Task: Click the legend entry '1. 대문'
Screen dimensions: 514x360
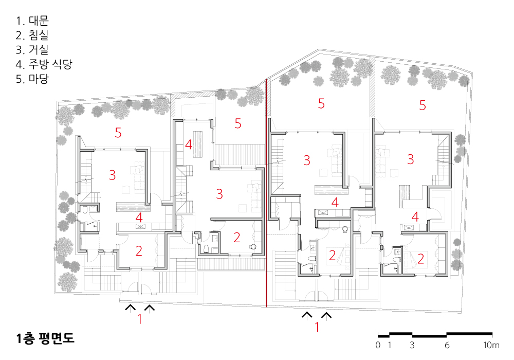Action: coord(32,21)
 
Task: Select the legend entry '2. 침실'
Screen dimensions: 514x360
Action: coord(32,35)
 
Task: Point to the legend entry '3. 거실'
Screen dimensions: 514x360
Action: coord(32,49)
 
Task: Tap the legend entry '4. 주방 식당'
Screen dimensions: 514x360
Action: coord(44,64)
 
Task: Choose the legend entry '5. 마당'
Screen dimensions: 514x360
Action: coord(32,79)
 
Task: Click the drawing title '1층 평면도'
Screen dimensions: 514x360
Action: coord(46,338)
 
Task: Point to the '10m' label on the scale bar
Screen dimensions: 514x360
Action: coord(491,345)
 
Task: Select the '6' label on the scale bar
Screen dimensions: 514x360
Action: coord(447,345)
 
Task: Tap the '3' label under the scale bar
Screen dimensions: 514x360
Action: coord(412,345)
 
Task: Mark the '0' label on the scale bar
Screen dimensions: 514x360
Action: coord(378,345)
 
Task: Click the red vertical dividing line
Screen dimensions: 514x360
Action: coord(266,193)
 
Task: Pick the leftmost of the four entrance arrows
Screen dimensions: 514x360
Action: coord(131,308)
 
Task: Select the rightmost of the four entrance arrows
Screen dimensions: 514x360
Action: coord(326,315)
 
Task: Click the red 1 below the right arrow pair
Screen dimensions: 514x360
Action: coord(317,327)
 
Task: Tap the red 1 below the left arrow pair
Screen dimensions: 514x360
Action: coord(140,319)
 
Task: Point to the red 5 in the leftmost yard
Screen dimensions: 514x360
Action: coord(118,133)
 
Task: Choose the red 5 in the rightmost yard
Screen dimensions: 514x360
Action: coord(423,105)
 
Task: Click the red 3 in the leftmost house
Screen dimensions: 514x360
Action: coord(112,175)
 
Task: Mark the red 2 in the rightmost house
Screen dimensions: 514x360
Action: coord(420,259)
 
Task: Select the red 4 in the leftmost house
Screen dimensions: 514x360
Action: coord(139,218)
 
